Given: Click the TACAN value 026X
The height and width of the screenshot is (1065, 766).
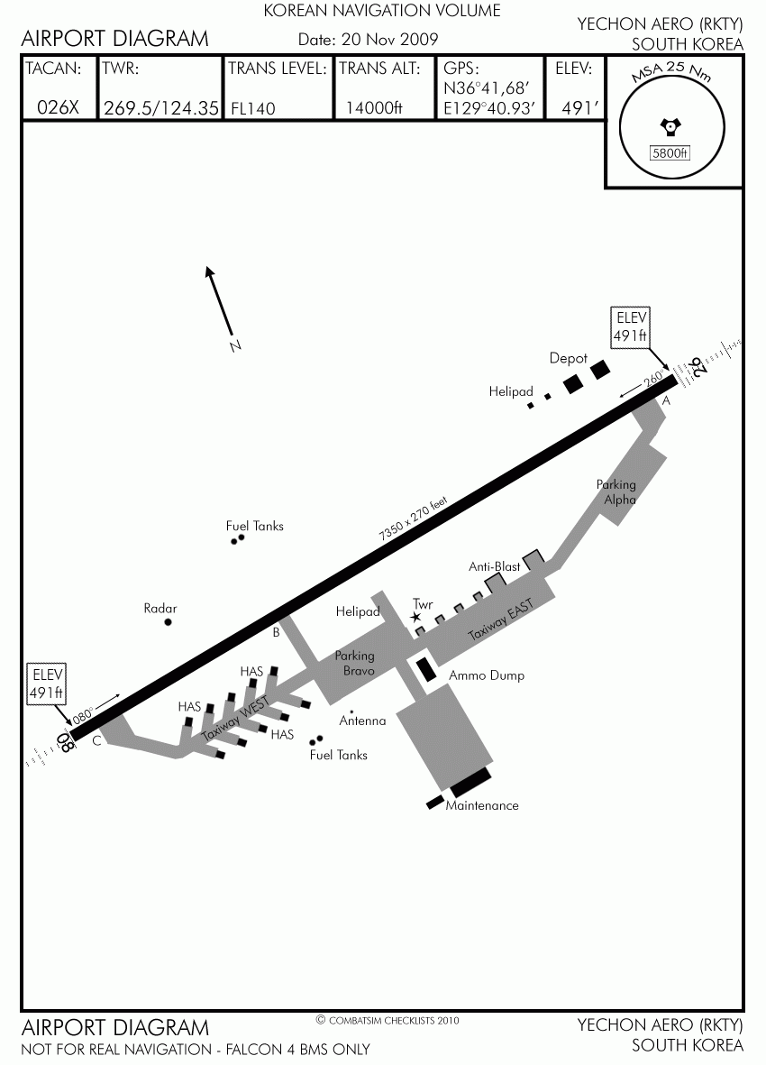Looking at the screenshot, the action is click(58, 107).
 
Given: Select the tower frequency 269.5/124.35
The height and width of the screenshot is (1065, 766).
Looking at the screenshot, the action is click(160, 108).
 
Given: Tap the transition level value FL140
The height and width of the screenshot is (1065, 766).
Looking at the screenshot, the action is click(253, 108).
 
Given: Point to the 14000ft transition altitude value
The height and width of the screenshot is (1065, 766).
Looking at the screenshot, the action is click(375, 107).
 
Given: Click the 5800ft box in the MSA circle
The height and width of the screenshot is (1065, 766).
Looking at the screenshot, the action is click(670, 152).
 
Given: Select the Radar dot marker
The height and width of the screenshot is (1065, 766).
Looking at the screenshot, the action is click(169, 621).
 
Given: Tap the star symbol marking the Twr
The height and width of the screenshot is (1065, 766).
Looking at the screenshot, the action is click(416, 617).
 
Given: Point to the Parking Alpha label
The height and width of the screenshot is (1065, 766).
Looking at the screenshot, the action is click(616, 491).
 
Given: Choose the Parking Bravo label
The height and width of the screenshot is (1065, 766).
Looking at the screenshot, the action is click(355, 662).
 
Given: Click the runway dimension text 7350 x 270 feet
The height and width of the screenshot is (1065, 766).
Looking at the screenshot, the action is click(414, 519).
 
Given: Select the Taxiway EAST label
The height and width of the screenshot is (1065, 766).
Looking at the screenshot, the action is click(501, 620).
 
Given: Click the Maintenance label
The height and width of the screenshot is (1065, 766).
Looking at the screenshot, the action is click(482, 805).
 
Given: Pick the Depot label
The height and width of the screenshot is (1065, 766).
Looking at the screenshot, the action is click(569, 359).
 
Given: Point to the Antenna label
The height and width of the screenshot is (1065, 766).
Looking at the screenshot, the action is click(362, 721).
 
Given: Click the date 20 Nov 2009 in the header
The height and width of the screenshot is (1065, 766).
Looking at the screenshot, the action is click(369, 39).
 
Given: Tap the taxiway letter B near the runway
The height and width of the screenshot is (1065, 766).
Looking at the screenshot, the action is click(276, 633).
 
